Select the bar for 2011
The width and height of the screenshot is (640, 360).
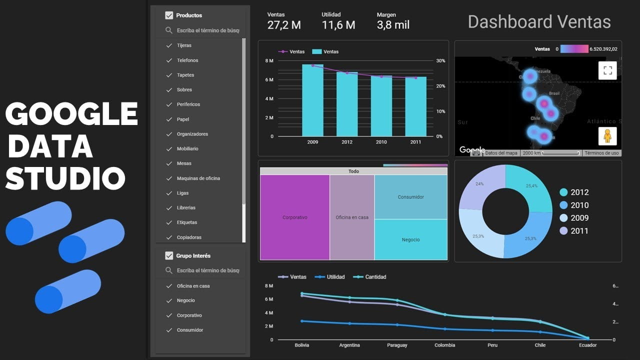(x=415, y=107)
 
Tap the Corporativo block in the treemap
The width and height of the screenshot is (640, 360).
(x=294, y=217)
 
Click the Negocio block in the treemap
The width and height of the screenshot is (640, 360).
(x=410, y=239)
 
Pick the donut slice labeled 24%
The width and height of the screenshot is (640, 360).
(x=480, y=185)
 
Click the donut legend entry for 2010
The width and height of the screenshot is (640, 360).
(x=579, y=205)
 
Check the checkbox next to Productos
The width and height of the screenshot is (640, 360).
(x=169, y=15)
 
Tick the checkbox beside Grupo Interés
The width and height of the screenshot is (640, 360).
(x=169, y=255)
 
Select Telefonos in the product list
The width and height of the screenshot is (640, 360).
(x=187, y=60)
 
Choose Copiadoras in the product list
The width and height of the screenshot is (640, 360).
(x=189, y=237)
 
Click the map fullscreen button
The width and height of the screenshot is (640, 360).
(x=607, y=70)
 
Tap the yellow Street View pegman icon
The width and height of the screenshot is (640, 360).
(x=607, y=136)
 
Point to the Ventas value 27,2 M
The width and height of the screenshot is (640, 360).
(x=284, y=25)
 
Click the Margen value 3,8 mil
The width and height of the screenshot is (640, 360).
(x=393, y=25)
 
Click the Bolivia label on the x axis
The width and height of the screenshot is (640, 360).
(x=301, y=345)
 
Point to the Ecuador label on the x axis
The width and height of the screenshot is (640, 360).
(x=587, y=345)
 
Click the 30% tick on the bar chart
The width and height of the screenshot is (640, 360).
(x=440, y=60)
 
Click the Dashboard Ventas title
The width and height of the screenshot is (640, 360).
(x=539, y=22)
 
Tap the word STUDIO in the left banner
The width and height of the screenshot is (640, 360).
(x=65, y=178)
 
